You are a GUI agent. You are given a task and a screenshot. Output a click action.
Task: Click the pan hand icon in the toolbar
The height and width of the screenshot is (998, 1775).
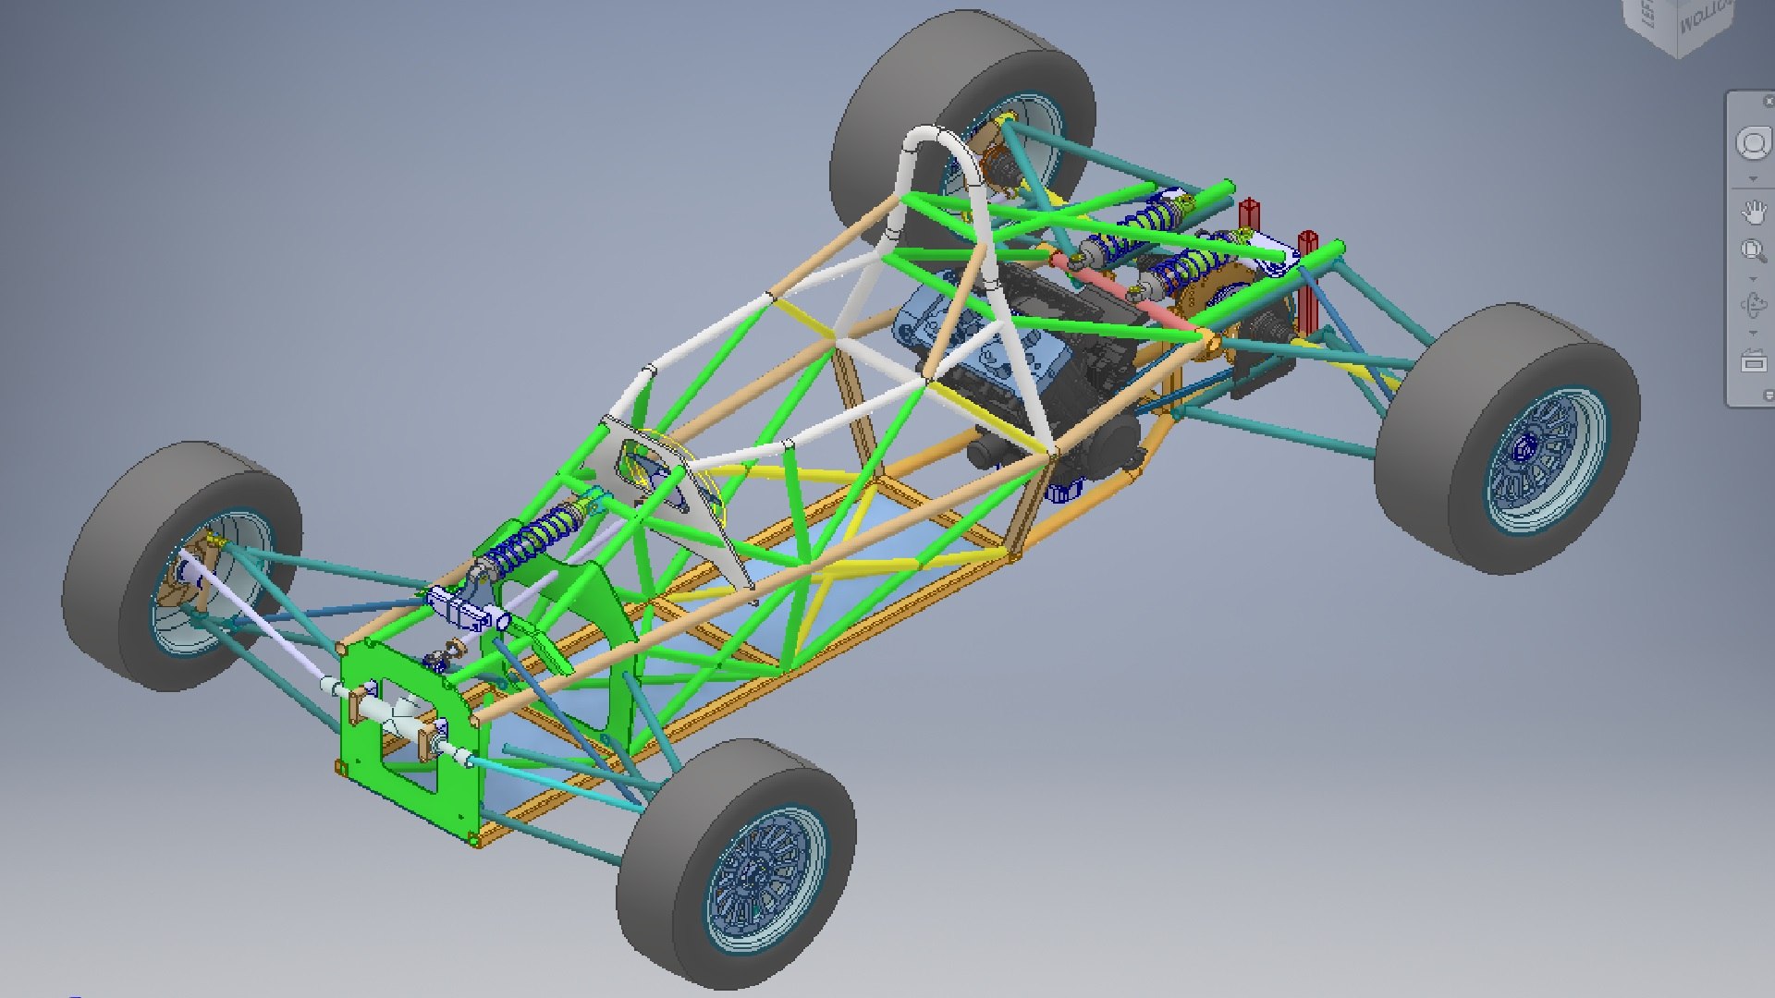click(x=1753, y=213)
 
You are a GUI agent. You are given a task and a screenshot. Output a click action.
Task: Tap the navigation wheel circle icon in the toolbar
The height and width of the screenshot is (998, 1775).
click(x=1753, y=144)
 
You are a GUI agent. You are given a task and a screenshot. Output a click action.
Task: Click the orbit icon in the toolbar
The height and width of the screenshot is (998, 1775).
click(x=1753, y=305)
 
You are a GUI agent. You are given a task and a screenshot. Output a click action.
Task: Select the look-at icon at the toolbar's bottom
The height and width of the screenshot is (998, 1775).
click(x=1753, y=362)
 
